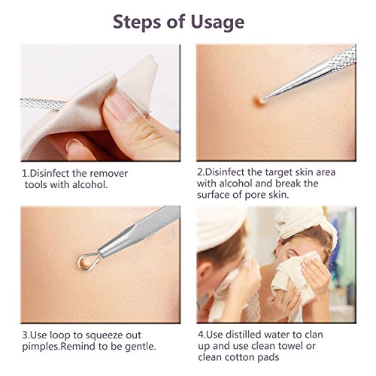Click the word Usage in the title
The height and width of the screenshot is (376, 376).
[x=217, y=23]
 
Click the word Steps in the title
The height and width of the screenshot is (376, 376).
[x=138, y=22]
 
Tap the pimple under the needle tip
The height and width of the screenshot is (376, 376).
[x=259, y=101]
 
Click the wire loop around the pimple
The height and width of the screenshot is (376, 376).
[x=89, y=260]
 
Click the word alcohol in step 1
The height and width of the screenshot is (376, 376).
[x=89, y=185]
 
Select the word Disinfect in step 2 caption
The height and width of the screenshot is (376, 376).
[x=224, y=172]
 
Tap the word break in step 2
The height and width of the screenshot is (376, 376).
[x=288, y=183]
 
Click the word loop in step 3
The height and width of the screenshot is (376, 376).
[x=59, y=335]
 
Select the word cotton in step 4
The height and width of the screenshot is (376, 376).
[x=241, y=357]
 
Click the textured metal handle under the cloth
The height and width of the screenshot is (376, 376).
[x=41, y=103]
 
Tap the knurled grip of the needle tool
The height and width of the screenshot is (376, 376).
[x=343, y=57]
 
